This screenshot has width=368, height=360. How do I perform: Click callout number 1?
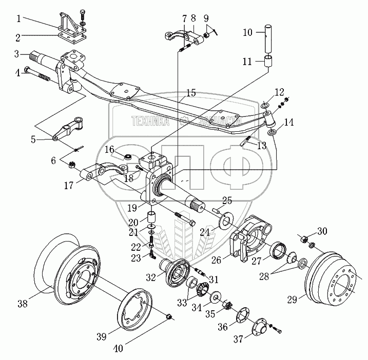tap(19, 18)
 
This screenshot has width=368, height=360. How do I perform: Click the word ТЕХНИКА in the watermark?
tap(151, 122)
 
